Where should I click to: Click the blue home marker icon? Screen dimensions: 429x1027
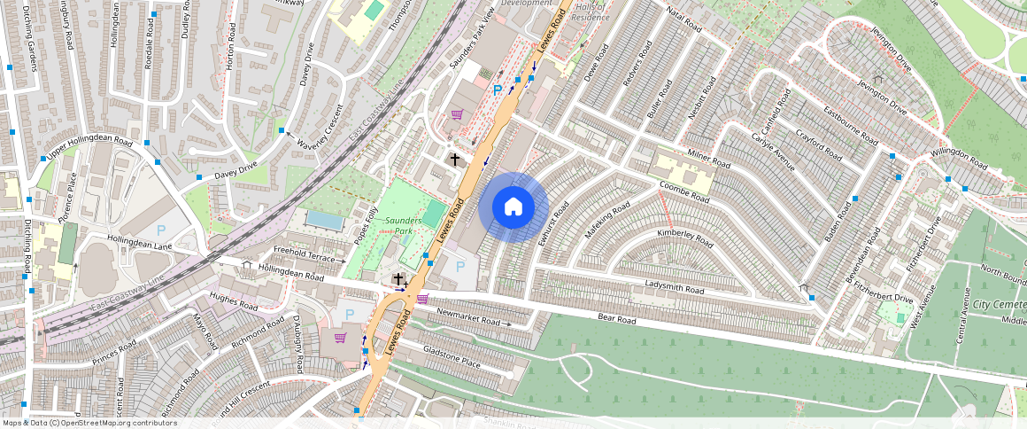click(513, 207)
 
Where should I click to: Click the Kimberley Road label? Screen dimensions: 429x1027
click(684, 237)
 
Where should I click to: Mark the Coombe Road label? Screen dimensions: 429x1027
click(684, 193)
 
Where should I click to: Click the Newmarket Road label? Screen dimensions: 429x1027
click(468, 318)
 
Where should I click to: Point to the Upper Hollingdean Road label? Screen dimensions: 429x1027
click(89, 149)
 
